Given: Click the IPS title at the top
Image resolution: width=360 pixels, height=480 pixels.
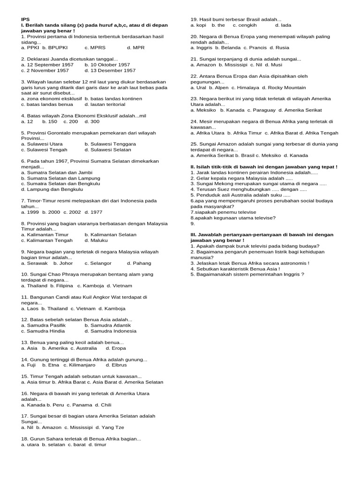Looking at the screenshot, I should tap(25, 19).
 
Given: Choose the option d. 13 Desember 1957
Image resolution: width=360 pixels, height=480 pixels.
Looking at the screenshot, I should tap(110, 70).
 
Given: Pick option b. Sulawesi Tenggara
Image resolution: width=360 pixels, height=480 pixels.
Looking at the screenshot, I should tap(111, 144).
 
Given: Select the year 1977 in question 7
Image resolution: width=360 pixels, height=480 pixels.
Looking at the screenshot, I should tap(93, 212).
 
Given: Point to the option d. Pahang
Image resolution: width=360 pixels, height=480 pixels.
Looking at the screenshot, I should tap(139, 263).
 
